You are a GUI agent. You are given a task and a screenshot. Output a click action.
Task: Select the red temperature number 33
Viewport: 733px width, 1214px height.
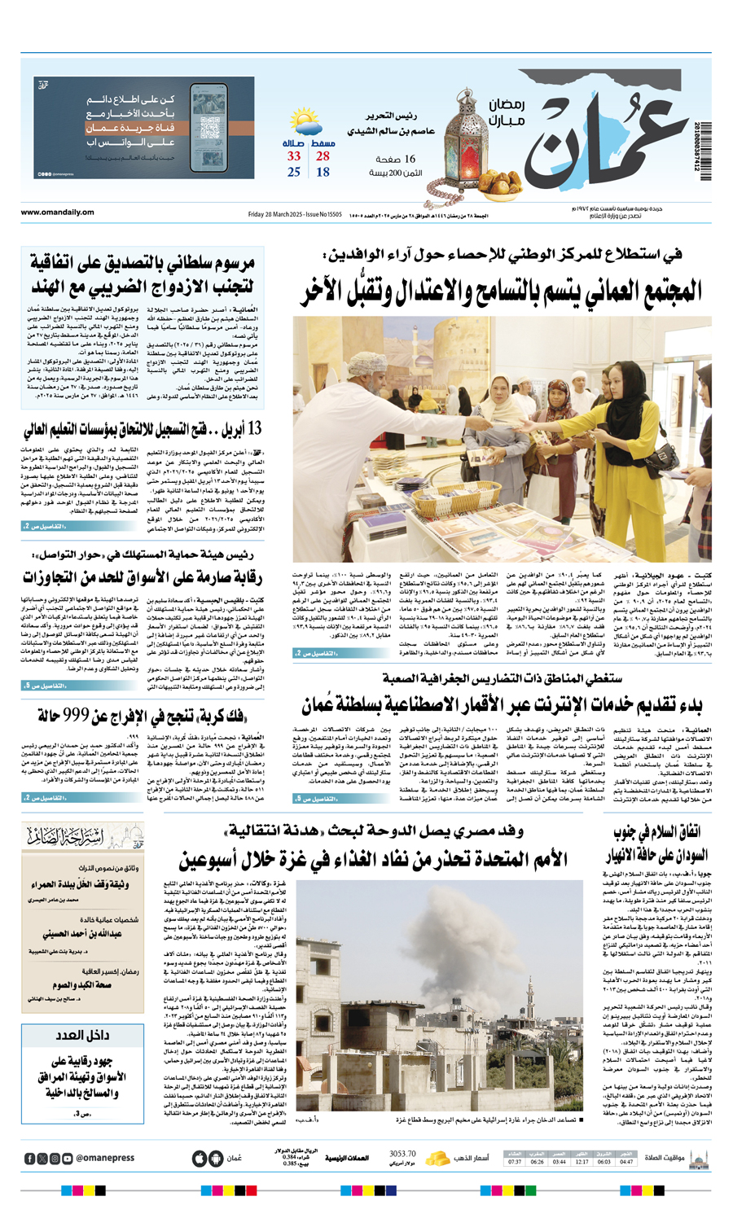click(293, 156)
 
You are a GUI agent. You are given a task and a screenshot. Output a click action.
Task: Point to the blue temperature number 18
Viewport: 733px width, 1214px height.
click(323, 172)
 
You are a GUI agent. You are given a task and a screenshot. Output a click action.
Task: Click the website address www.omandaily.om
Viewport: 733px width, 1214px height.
click(57, 213)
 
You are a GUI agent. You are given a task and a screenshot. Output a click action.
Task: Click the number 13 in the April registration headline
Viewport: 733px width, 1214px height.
click(253, 429)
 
